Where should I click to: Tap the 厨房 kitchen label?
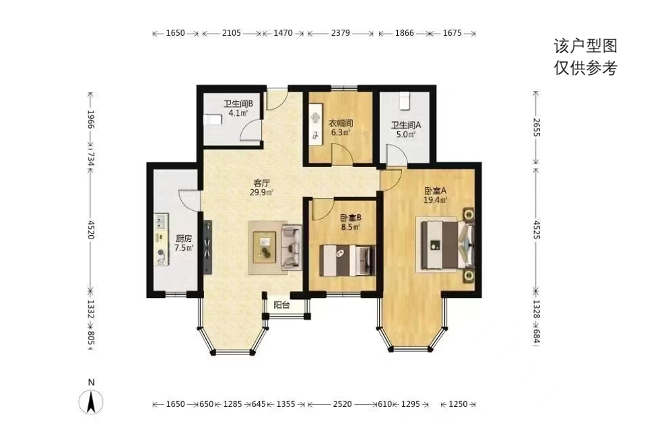point(184,239)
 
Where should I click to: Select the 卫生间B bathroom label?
point(238,103)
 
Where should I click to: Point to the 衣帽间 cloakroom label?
point(341,123)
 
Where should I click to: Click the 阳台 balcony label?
point(282,305)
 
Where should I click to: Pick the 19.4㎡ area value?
point(436,200)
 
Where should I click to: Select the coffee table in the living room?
point(264,246)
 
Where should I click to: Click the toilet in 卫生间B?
point(213,119)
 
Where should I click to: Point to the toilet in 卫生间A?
point(405,100)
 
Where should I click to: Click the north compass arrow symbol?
point(91,402)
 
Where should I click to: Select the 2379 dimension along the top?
point(341,33)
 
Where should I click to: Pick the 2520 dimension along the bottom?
point(343,404)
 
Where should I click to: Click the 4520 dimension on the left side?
point(91,230)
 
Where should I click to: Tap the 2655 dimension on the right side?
point(536,127)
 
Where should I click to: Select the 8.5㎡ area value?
point(350,227)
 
